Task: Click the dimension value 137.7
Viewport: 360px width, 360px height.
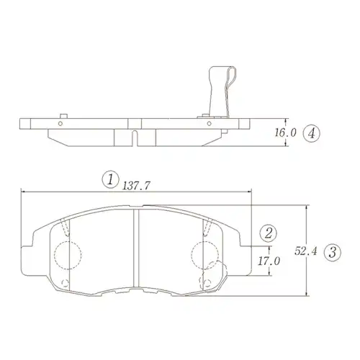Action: [136, 186]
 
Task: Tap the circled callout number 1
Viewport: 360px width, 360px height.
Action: [110, 179]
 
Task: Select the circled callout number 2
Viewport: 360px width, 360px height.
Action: [268, 233]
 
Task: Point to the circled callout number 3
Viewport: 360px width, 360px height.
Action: [333, 252]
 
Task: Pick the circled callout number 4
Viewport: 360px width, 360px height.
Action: [311, 133]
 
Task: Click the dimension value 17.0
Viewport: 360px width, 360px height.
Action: [269, 261]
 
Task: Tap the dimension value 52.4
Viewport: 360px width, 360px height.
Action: [306, 251]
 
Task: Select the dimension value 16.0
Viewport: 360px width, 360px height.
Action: [285, 132]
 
